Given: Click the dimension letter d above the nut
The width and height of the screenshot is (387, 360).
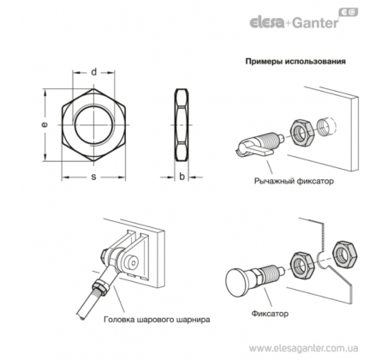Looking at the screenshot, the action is (x=94, y=72).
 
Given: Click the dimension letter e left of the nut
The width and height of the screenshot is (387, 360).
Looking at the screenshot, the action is (x=44, y=124).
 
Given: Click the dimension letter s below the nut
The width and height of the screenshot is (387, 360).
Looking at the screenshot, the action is (x=93, y=177).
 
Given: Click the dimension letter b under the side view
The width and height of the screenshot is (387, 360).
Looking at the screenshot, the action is (x=182, y=177).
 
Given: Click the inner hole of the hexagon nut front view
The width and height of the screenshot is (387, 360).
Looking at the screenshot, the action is (x=93, y=125).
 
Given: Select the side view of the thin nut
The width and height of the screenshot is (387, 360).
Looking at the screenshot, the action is (x=182, y=125).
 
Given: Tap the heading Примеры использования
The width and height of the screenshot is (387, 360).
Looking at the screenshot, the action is (x=295, y=62).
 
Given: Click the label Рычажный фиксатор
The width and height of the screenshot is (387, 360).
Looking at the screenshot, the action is (x=294, y=181).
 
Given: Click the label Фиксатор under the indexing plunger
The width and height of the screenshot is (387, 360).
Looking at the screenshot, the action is (x=270, y=314).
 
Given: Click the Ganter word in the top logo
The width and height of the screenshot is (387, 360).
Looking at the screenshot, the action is (x=315, y=22).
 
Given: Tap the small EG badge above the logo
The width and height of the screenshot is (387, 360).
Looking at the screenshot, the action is (x=348, y=12).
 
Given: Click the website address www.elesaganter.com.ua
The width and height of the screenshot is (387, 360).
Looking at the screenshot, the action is (x=303, y=348).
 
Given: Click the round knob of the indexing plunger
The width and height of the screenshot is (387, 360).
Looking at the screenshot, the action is (x=237, y=283).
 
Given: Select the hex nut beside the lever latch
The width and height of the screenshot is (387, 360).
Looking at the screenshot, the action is (x=302, y=132).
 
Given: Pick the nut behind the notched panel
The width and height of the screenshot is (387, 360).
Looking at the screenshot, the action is (x=345, y=255).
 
